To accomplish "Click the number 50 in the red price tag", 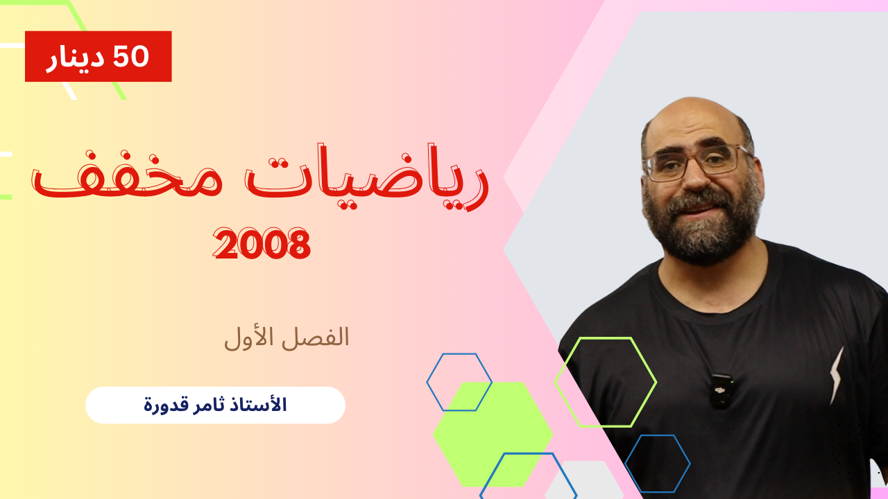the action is click(131, 56).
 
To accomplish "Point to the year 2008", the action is click(262, 243).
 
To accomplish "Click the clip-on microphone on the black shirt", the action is click(721, 392).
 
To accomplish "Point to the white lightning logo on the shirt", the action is click(837, 375).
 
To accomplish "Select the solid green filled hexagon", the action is click(493, 434).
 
